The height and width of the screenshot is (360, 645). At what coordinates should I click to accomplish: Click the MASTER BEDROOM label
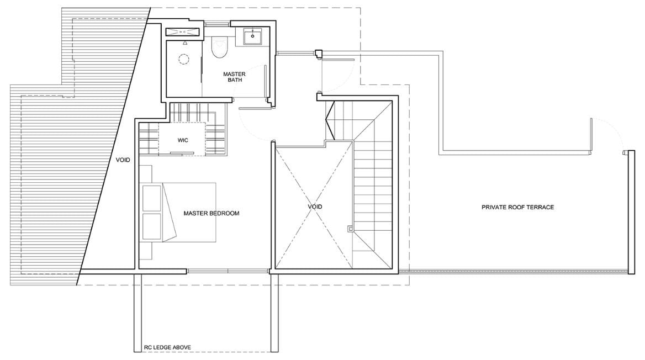212,213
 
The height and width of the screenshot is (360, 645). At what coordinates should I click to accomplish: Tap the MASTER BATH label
235,77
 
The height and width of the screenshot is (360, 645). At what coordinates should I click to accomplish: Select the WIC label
183,140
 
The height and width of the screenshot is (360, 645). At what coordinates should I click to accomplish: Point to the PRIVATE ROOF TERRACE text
517,207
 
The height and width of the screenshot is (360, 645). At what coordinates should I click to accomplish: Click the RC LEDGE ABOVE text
167,347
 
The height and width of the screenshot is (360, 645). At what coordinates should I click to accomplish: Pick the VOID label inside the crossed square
315,207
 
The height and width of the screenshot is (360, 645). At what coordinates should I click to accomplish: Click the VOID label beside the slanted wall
123,160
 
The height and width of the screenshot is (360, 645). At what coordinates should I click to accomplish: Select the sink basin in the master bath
252,36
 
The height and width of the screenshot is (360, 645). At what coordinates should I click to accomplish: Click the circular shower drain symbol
183,59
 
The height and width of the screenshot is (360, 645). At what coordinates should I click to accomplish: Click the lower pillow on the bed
151,225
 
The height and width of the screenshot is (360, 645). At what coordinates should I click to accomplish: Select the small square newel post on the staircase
350,227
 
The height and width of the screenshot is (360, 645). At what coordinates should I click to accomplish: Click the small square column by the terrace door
318,53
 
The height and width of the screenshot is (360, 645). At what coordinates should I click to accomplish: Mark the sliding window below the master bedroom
228,271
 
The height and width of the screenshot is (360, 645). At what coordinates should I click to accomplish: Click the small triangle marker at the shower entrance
185,43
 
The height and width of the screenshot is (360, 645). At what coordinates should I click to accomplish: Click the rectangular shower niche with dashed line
183,31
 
